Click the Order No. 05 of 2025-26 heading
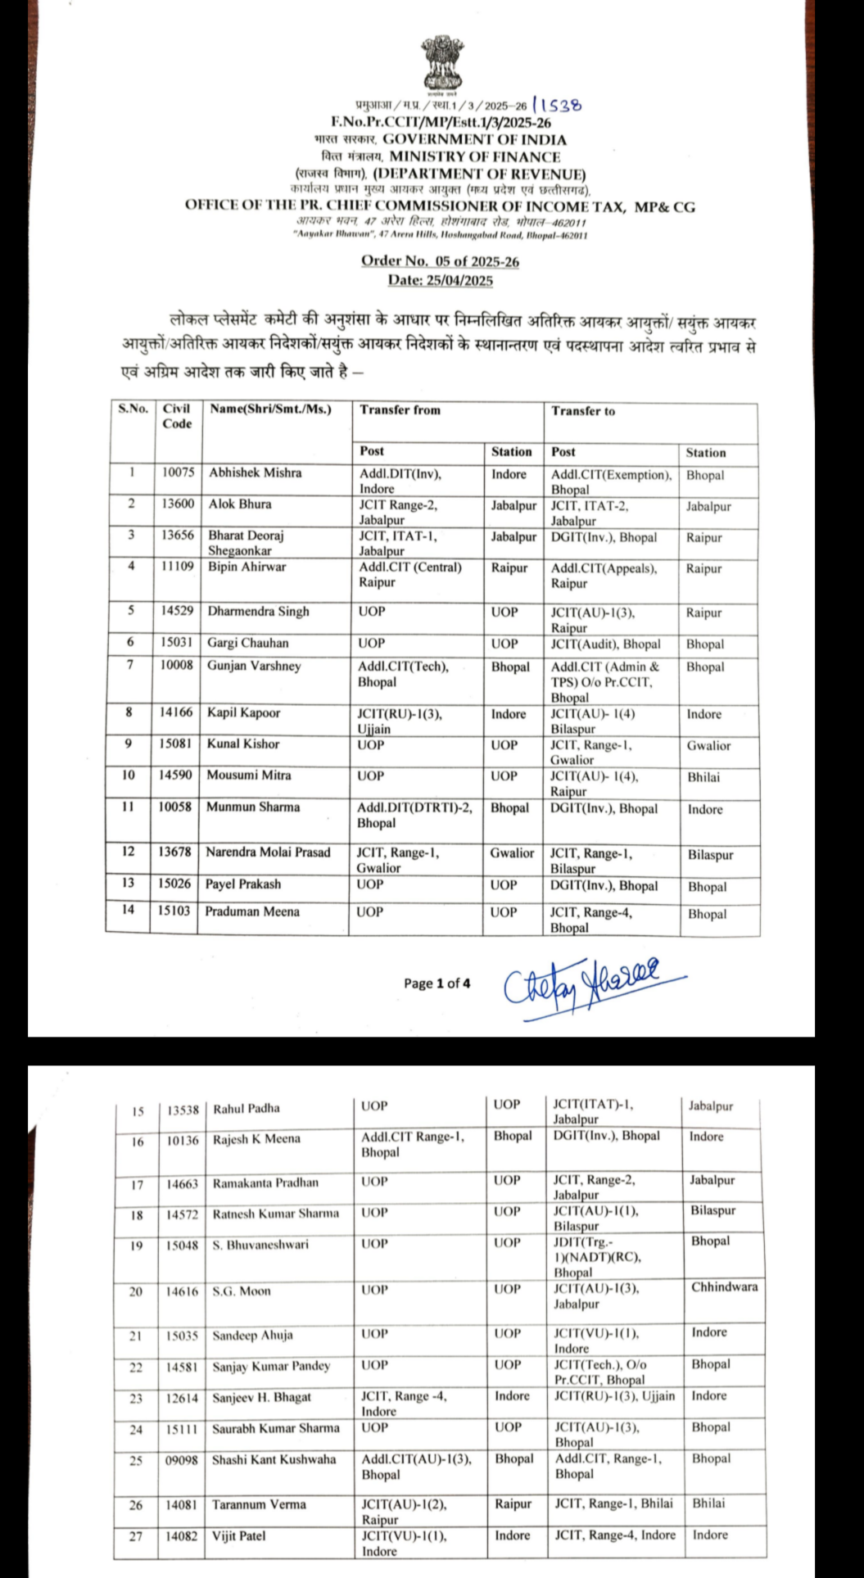440,261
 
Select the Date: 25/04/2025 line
440,280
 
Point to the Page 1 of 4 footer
437,983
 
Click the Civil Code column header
177,416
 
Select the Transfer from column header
400,409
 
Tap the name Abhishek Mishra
255,472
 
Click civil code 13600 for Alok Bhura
178,504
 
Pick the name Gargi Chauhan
247,643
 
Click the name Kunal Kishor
243,744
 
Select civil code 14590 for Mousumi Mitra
176,775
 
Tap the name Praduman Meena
252,911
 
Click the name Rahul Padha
247,1109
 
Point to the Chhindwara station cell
724,1286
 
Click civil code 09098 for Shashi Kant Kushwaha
182,1460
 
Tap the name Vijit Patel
239,1536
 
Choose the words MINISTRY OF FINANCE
475,156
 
